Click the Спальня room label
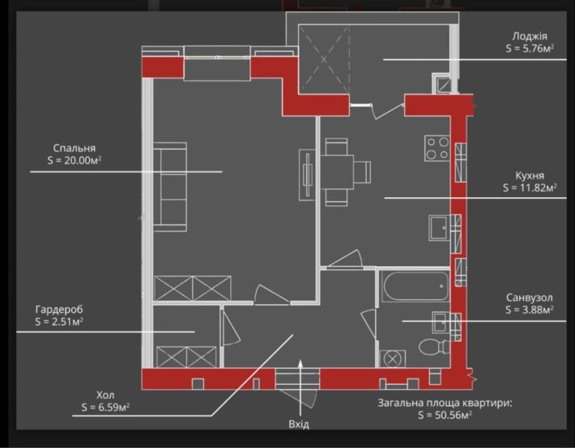(x=75, y=148)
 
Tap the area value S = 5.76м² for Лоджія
(x=530, y=49)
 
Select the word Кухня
(x=530, y=175)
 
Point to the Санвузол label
(x=529, y=298)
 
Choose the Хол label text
(x=105, y=395)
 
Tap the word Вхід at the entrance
(x=299, y=425)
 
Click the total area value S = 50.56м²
(x=445, y=415)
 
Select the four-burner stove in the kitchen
(x=437, y=148)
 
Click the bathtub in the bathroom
(x=415, y=286)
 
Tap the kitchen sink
(x=440, y=228)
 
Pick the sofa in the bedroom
(x=170, y=187)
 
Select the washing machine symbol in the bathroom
(x=393, y=358)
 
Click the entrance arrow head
(x=300, y=362)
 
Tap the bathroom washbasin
(x=441, y=323)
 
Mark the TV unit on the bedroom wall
(x=307, y=175)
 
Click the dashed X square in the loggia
(x=324, y=58)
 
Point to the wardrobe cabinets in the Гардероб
(x=186, y=357)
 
